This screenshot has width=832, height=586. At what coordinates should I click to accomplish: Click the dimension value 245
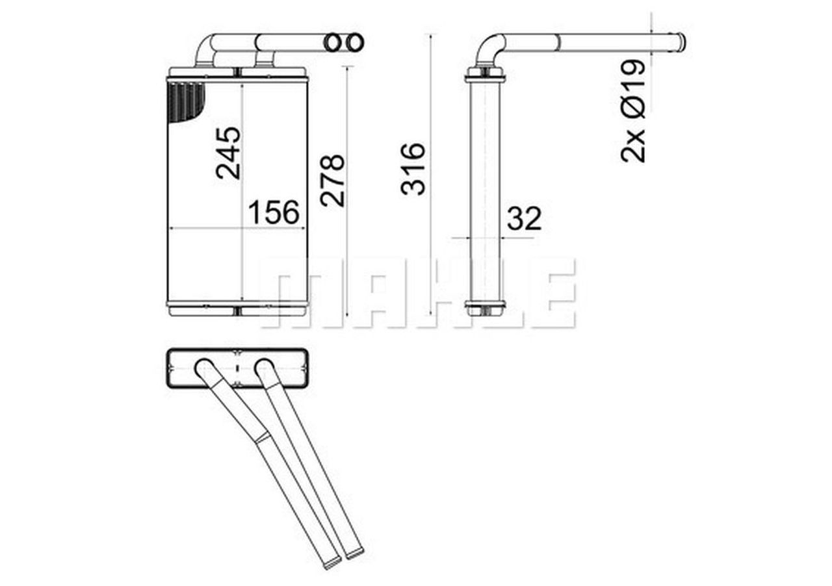pos(228,153)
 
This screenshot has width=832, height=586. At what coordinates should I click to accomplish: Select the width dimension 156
pos(274,212)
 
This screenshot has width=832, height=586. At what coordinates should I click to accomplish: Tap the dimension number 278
pos(332,180)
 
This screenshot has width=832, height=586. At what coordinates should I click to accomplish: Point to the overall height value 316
pos(413,169)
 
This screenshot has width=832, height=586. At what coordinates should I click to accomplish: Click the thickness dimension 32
pos(524,219)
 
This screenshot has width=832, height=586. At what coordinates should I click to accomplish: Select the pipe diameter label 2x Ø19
pos(633,110)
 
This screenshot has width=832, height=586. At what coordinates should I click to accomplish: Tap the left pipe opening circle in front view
pos(333,43)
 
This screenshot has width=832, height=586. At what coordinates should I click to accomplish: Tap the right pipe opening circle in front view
pos(354,43)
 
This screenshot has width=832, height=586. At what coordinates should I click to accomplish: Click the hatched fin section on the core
pos(185,101)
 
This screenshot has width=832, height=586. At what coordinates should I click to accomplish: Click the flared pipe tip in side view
pos(679,42)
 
